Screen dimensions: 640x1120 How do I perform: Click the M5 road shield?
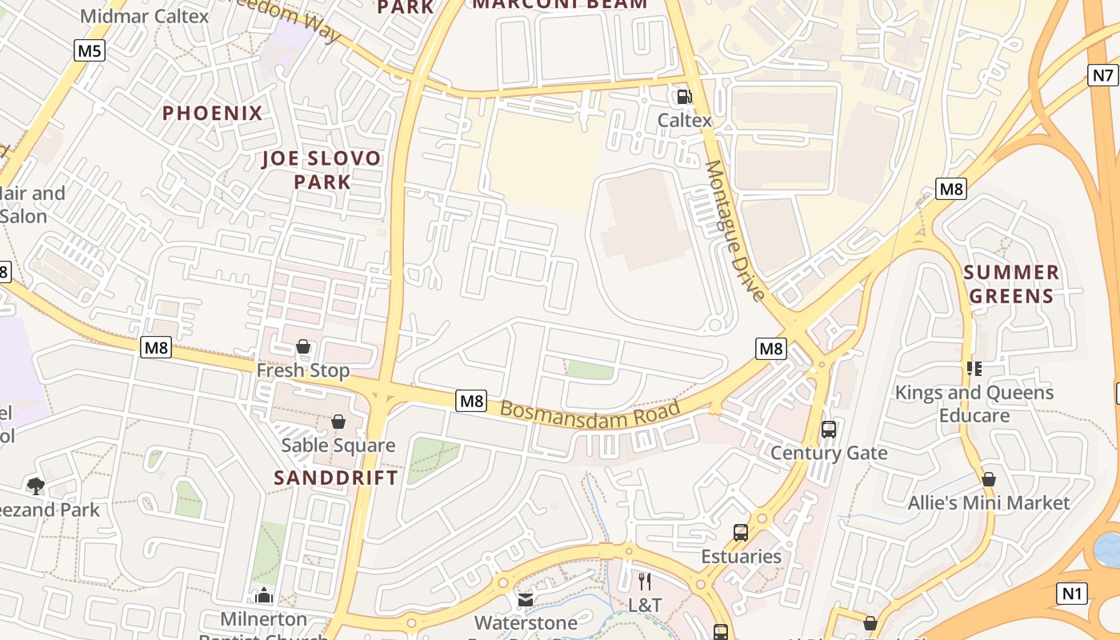90,51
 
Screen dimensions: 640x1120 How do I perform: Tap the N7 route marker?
1102,75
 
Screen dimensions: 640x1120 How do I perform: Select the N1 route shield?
1072,593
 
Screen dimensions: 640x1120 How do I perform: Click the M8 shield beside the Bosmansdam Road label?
471,400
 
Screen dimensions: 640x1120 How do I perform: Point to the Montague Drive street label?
735,230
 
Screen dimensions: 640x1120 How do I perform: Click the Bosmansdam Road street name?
590,414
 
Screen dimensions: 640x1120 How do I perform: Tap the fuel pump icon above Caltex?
684,97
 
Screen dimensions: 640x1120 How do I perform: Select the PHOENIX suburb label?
213,113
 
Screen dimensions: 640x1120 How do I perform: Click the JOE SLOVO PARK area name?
322,170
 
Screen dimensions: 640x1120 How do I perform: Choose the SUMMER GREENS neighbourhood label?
1011,284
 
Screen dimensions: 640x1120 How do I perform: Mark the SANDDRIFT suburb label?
336,478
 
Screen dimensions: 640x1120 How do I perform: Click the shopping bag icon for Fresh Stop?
303,346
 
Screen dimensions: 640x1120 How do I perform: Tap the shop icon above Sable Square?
338,421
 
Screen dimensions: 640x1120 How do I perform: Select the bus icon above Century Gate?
829,429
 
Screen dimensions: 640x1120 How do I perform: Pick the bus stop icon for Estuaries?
741,532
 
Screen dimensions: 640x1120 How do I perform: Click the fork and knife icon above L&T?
645,581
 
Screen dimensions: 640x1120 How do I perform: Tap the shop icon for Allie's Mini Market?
989,479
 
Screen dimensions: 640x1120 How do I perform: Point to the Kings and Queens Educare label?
974,403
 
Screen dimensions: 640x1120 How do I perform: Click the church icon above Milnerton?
264,595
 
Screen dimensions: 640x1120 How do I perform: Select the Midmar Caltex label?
145,15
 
